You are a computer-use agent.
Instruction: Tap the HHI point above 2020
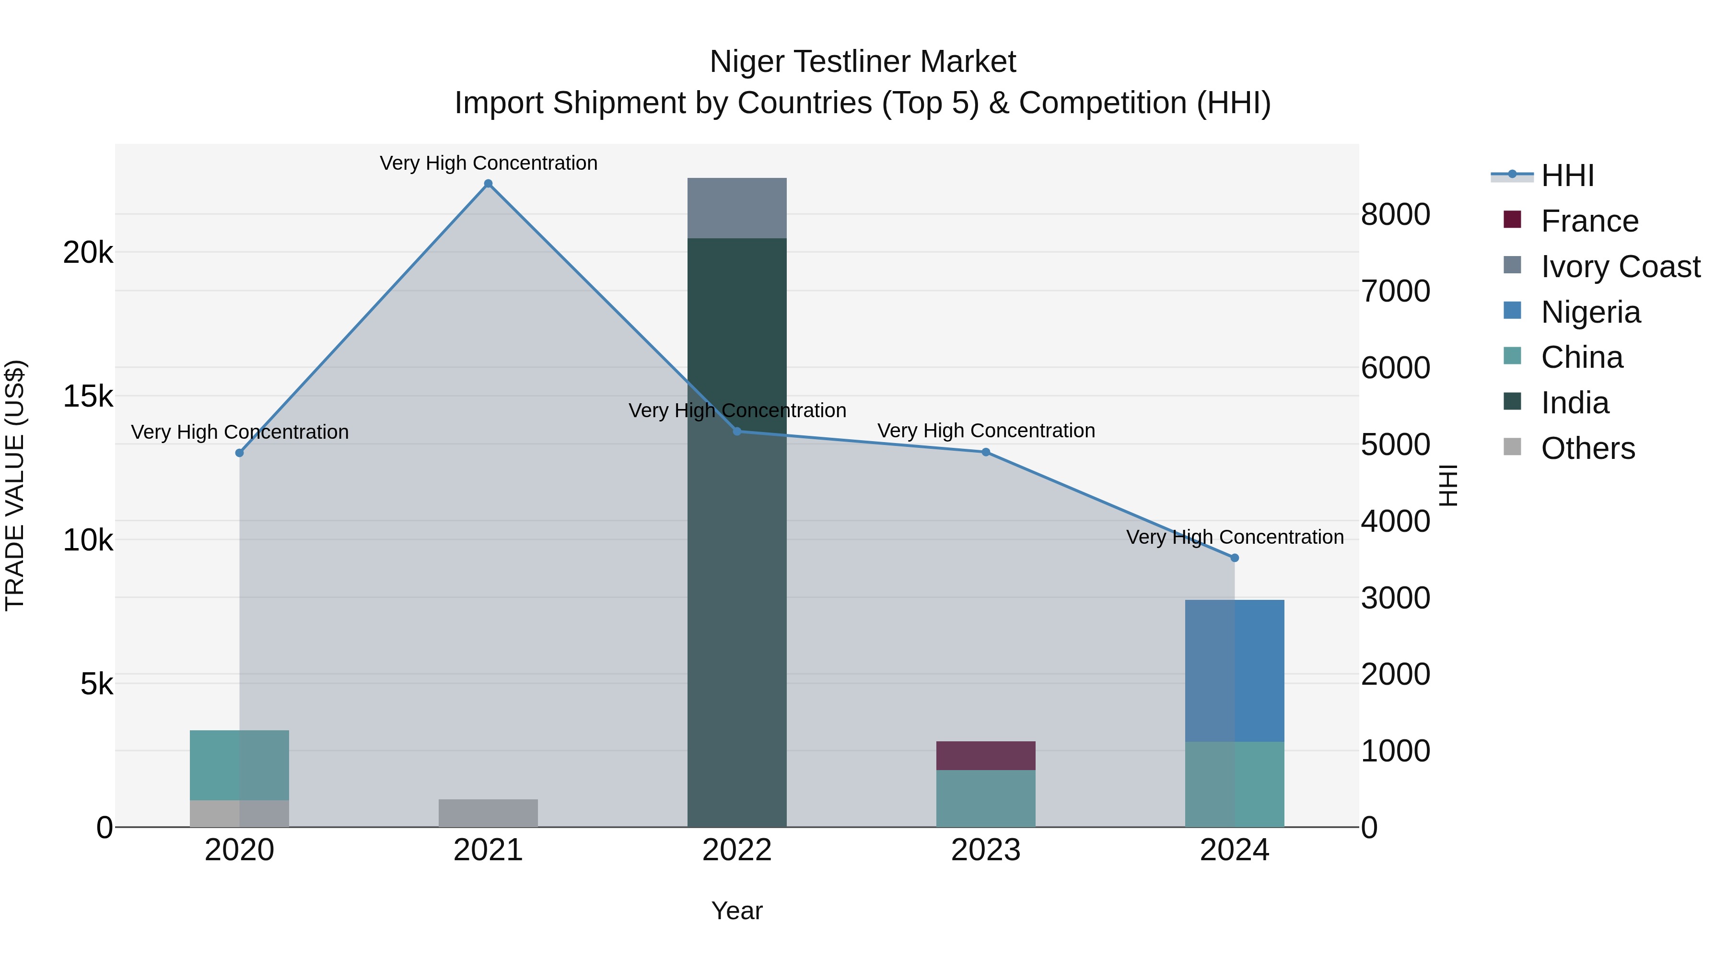pos(239,453)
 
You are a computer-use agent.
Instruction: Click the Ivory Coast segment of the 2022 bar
pos(736,208)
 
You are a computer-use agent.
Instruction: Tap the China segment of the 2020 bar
pos(239,765)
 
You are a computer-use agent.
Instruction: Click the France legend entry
pos(1589,221)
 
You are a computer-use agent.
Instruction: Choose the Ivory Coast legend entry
pos(1620,267)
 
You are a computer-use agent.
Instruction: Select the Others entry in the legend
pos(1587,448)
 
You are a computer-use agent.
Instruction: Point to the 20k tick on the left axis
pos(88,253)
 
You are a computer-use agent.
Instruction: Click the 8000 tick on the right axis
pos(1395,214)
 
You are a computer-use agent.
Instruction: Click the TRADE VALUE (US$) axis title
pos(15,485)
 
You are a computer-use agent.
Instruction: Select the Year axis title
pos(736,911)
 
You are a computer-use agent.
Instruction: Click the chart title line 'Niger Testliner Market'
pos(863,62)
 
